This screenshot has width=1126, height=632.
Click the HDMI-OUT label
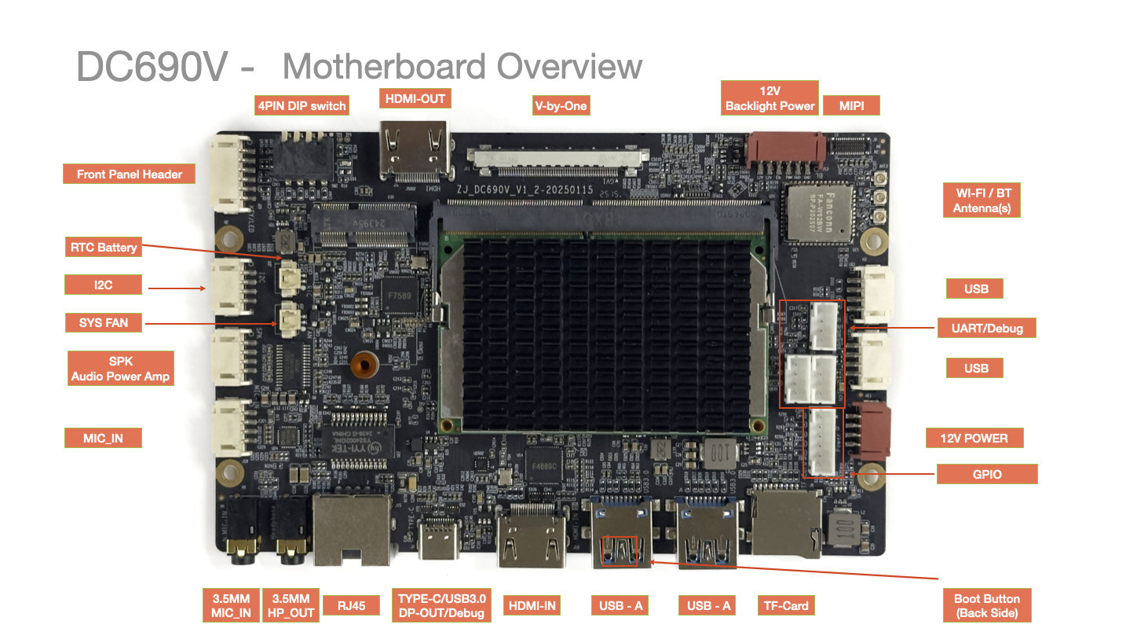coord(415,99)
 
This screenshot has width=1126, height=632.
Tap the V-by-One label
coord(561,105)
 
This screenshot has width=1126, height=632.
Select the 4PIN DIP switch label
coord(302,105)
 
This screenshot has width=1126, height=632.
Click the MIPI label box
coord(851,105)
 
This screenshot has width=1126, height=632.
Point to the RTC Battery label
coord(102,248)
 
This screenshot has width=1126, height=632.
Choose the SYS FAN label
coord(103,322)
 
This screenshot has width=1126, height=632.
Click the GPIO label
coord(986,474)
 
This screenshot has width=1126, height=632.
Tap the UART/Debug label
coord(986,328)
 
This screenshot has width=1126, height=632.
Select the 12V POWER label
coord(974,438)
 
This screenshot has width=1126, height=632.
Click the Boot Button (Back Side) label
coord(986,605)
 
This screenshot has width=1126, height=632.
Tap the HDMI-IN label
coord(532,605)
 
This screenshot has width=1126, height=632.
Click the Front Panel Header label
coord(129,175)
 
